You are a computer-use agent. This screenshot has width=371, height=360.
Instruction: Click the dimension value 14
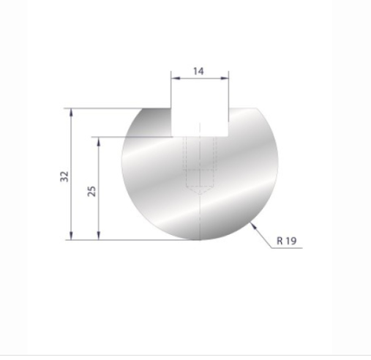199,70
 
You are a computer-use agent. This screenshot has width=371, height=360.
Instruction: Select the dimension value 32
64,176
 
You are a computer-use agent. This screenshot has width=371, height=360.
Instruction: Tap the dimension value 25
91,190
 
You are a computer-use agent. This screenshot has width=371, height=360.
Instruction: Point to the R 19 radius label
286,241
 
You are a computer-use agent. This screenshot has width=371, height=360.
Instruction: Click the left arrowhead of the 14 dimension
175,76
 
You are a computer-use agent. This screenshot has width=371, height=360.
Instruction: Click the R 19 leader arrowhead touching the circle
253,225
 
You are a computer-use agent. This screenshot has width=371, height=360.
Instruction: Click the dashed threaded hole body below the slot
200,161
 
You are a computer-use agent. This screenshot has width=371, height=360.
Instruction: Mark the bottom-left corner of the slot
173,136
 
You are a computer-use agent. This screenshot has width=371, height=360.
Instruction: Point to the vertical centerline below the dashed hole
200,216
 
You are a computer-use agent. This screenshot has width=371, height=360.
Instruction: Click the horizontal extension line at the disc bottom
132,239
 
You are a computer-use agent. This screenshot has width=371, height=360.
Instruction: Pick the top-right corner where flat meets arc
260,109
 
